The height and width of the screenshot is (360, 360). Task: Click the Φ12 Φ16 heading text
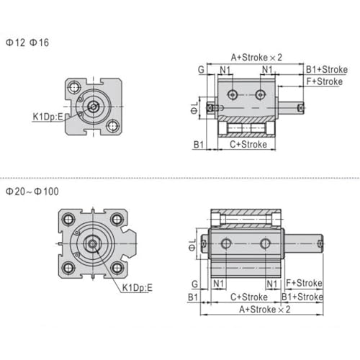(27, 42)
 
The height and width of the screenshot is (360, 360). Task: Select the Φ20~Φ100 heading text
(32, 192)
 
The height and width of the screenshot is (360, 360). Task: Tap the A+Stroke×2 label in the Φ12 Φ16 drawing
(256, 58)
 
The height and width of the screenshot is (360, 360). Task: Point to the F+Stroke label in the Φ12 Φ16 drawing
(325, 81)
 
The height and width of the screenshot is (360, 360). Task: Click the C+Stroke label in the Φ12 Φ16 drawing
(248, 144)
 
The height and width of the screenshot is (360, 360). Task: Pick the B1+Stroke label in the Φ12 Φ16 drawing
(327, 70)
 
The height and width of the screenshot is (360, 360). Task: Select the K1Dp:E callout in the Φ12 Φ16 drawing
(48, 117)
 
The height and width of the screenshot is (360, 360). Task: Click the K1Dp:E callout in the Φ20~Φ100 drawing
(138, 287)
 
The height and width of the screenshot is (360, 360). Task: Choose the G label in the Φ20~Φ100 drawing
(195, 284)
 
